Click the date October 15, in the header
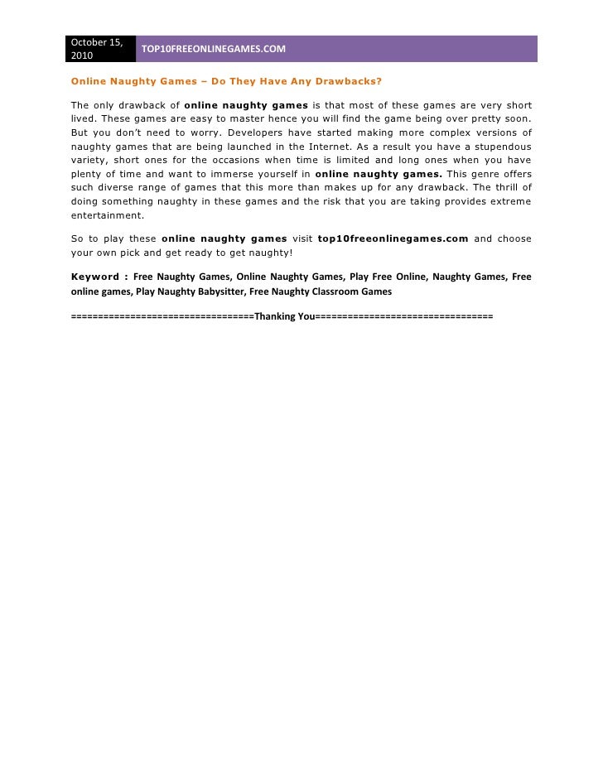point(97,42)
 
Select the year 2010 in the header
point(83,56)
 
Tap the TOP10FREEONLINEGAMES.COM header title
point(214,50)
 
